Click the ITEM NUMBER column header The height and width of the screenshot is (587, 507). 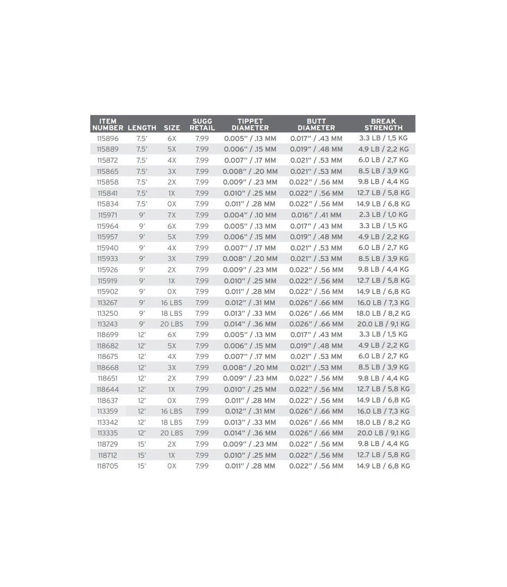pyautogui.click(x=108, y=124)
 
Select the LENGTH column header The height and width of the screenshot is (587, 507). pyautogui.click(x=142, y=128)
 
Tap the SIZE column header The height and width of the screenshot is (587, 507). pyautogui.click(x=172, y=128)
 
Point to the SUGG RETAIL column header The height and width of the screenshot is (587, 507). pyautogui.click(x=202, y=124)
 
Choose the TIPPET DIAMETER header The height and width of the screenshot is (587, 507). pyautogui.click(x=250, y=124)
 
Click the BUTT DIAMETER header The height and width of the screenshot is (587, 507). pyautogui.click(x=316, y=124)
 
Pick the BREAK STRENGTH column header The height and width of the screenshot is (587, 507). pyautogui.click(x=383, y=124)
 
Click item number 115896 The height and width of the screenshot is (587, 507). pyautogui.click(x=108, y=139)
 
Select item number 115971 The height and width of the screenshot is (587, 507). pyautogui.click(x=108, y=215)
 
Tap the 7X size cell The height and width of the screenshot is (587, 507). pyautogui.click(x=172, y=215)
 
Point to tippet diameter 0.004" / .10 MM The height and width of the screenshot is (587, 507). pyautogui.click(x=250, y=215)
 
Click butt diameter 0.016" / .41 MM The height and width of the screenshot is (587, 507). pyautogui.click(x=316, y=215)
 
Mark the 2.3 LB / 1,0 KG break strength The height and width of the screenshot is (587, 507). pyautogui.click(x=383, y=215)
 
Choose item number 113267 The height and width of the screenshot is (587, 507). pyautogui.click(x=108, y=303)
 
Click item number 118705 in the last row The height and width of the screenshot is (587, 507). pyautogui.click(x=108, y=466)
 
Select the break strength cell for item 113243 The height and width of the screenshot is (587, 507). pyautogui.click(x=383, y=324)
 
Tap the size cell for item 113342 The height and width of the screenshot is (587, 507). pyautogui.click(x=172, y=422)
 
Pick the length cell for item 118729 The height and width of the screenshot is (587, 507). pyautogui.click(x=142, y=444)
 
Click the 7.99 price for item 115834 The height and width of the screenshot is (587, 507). pyautogui.click(x=202, y=204)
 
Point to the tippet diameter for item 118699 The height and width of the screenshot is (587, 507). pyautogui.click(x=250, y=335)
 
